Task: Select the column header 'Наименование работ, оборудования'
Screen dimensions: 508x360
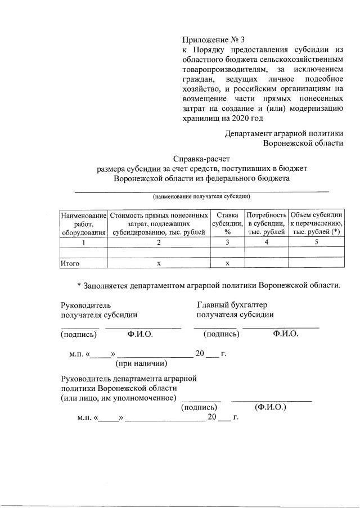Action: pyautogui.click(x=83, y=223)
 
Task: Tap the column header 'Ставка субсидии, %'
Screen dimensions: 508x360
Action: pyautogui.click(x=227, y=223)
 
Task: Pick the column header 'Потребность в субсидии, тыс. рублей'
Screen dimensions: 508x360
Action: pyautogui.click(x=267, y=223)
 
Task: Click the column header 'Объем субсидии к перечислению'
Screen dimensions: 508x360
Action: pyautogui.click(x=316, y=223)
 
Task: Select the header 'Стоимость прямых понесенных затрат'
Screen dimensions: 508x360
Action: pyautogui.click(x=158, y=223)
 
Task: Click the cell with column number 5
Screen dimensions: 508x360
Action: pyautogui.click(x=316, y=242)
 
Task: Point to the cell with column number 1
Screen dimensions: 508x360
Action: pyautogui.click(x=83, y=242)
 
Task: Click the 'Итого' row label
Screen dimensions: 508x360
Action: pyautogui.click(x=70, y=263)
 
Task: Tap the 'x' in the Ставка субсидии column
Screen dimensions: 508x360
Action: pyautogui.click(x=227, y=263)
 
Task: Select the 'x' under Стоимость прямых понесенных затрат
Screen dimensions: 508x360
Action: pyautogui.click(x=158, y=263)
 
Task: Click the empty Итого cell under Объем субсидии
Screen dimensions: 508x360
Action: pyautogui.click(x=316, y=263)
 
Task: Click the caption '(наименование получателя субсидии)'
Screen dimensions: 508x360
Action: pyautogui.click(x=202, y=197)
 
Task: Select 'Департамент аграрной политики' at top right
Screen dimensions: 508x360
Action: pyautogui.click(x=284, y=133)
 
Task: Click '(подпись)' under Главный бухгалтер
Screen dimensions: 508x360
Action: pyautogui.click(x=222, y=334)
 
